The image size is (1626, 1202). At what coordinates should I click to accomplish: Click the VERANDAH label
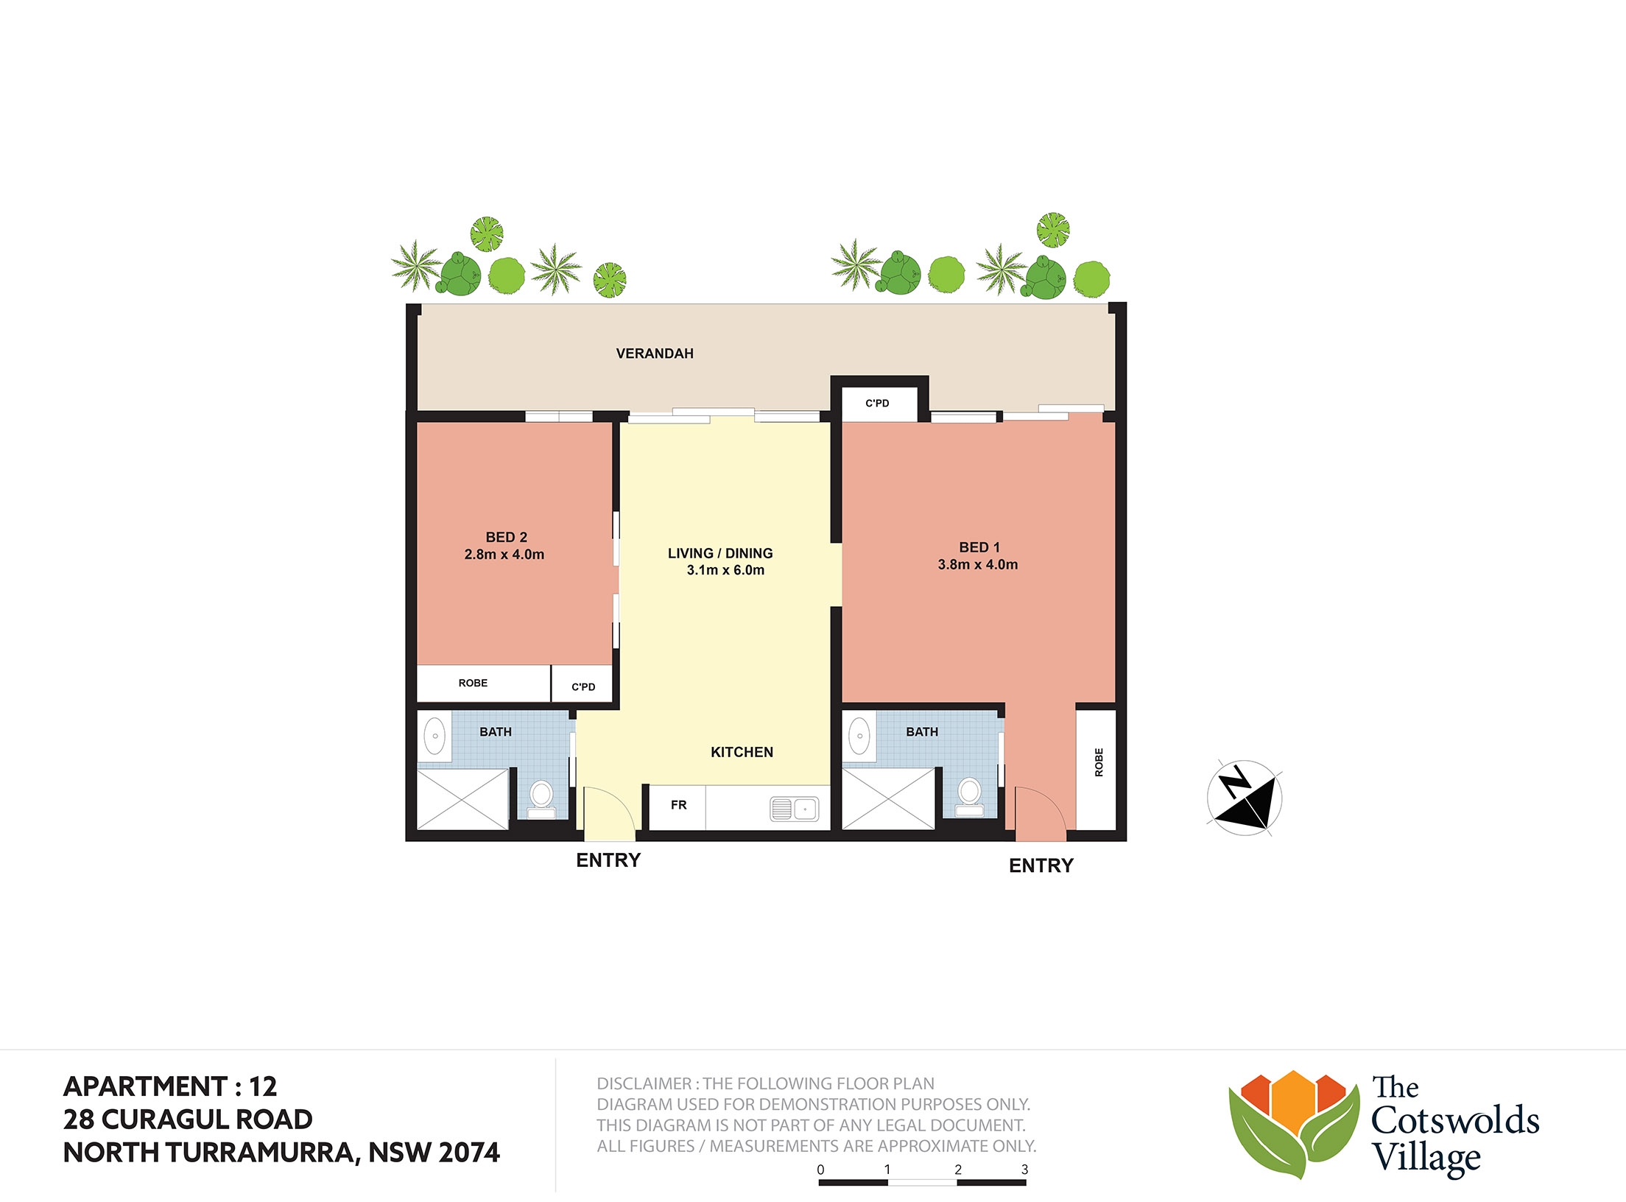[655, 354]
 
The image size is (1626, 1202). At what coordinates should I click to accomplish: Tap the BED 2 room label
[506, 538]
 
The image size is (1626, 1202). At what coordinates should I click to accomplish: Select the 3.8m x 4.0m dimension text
[978, 565]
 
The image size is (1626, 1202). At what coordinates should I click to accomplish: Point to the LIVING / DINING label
[720, 553]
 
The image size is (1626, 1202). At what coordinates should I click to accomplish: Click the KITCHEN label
[742, 752]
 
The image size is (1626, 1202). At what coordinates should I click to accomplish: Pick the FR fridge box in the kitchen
[677, 808]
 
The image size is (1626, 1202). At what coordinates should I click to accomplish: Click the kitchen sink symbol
[794, 809]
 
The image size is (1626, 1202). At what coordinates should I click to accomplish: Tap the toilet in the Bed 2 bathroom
[542, 800]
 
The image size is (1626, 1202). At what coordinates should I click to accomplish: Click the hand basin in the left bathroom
[435, 735]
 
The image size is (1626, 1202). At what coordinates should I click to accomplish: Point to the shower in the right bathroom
[889, 798]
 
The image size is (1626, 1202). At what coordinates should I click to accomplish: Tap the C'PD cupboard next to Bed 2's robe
[583, 684]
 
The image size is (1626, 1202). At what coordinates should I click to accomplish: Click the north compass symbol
[1245, 798]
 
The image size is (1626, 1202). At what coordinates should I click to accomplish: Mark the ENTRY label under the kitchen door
[608, 860]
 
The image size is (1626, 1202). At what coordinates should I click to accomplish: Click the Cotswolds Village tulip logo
[1294, 1122]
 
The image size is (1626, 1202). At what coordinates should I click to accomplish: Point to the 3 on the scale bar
[1024, 1170]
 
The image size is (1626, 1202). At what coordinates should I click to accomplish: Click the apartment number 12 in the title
[263, 1086]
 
